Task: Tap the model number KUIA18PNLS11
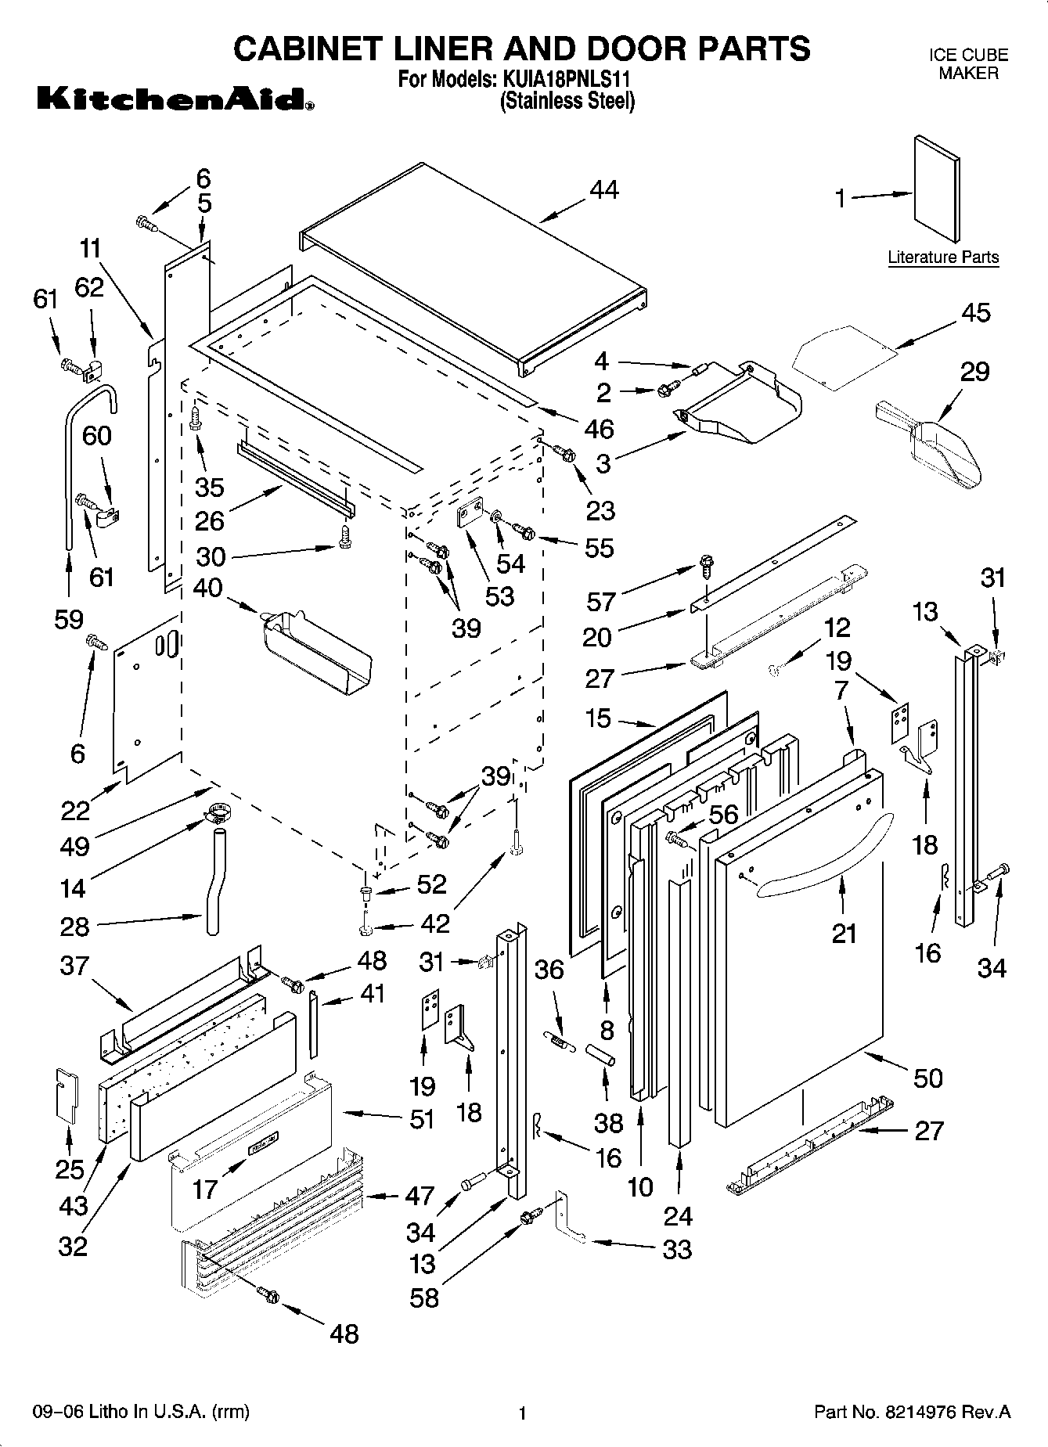tap(564, 79)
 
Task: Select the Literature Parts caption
tap(943, 257)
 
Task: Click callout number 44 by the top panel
tap(604, 190)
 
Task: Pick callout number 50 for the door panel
tap(928, 1078)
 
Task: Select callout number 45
tap(975, 312)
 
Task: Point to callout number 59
tap(69, 619)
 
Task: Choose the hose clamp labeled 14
tap(217, 815)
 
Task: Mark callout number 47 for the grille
tap(420, 1195)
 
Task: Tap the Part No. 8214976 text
tap(913, 1413)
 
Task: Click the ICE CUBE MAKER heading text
tap(968, 64)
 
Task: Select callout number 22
tap(76, 810)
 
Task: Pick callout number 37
tap(74, 966)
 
